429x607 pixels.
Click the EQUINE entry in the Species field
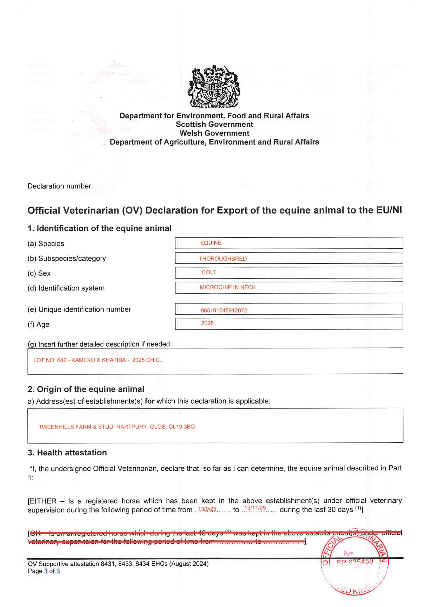point(211,243)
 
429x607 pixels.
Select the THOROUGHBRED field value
point(223,259)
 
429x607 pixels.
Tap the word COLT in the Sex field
point(209,272)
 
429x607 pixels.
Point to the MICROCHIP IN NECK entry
point(228,287)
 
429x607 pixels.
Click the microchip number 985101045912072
point(224,310)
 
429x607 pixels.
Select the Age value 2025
point(207,323)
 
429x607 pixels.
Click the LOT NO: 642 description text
point(98,360)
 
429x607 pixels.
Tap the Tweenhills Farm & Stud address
point(117,427)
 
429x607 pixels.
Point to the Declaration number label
point(60,186)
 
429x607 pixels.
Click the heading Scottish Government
point(214,124)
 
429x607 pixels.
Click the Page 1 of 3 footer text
point(44,571)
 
